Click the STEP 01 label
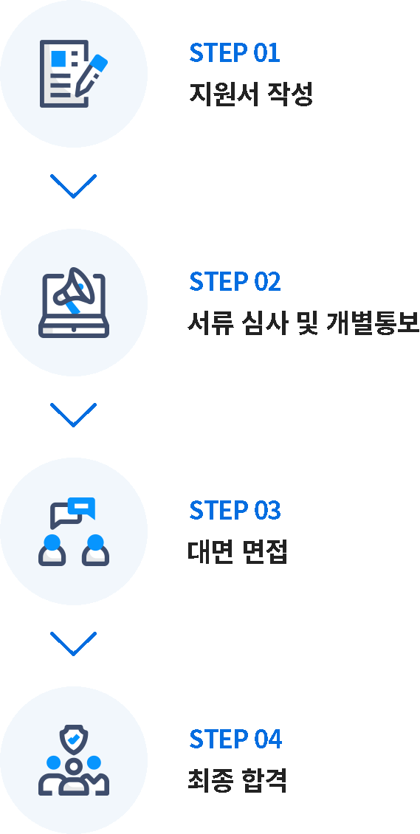point(235,52)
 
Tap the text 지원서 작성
point(251,94)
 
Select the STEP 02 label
point(235,281)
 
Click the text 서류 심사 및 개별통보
point(303,323)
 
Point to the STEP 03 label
point(235,510)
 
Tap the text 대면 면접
point(238,552)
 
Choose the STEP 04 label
point(235,739)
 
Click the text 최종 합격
point(238,781)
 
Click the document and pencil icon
point(74,73)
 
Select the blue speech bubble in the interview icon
point(81,508)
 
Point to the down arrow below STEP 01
point(73,186)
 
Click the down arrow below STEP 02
point(73,415)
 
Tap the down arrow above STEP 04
point(73,644)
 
